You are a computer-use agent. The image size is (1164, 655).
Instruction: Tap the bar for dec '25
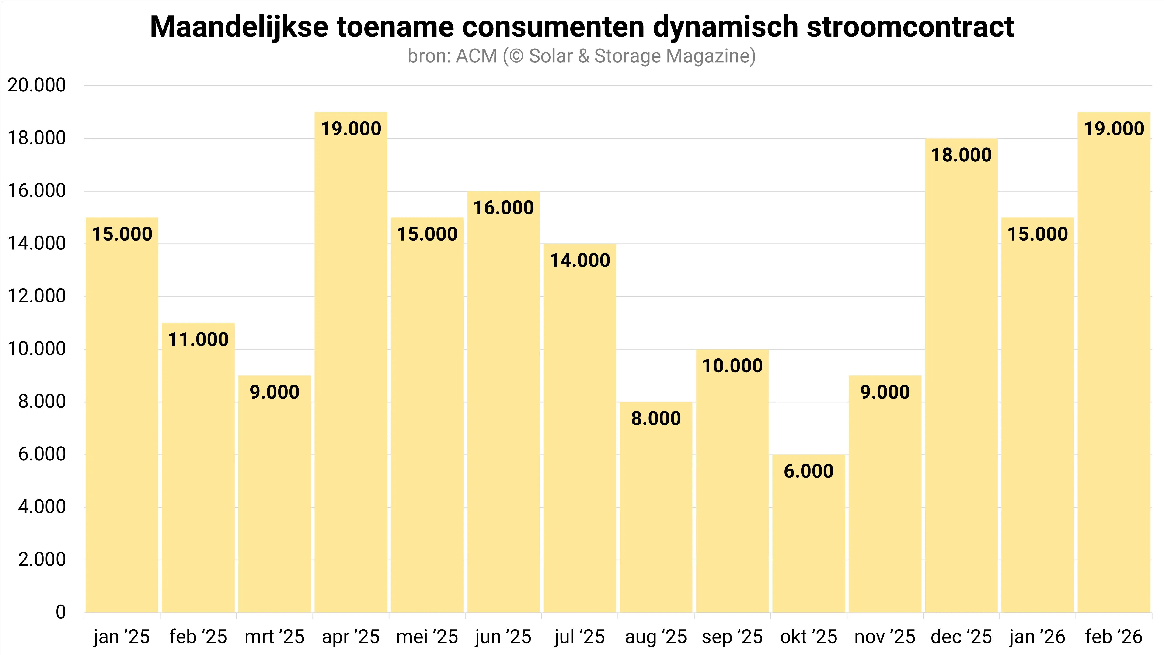pyautogui.click(x=961, y=384)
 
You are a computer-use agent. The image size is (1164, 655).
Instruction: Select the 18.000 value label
pyautogui.click(x=961, y=155)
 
